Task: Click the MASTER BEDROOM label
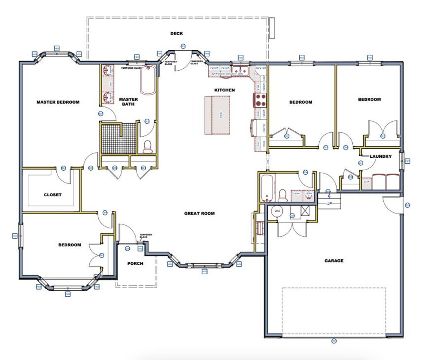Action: click(x=58, y=102)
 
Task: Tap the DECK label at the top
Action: click(x=176, y=34)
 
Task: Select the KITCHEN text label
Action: click(x=224, y=90)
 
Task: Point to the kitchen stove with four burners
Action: click(x=260, y=100)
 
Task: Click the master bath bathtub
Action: click(x=148, y=80)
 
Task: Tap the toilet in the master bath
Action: click(x=148, y=146)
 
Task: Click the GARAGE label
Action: click(x=334, y=261)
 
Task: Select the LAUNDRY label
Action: click(x=381, y=156)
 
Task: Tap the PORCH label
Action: click(x=135, y=263)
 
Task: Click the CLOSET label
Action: click(x=53, y=195)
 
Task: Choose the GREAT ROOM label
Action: click(x=199, y=213)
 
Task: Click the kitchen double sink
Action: click(x=240, y=70)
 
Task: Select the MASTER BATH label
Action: click(x=128, y=102)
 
